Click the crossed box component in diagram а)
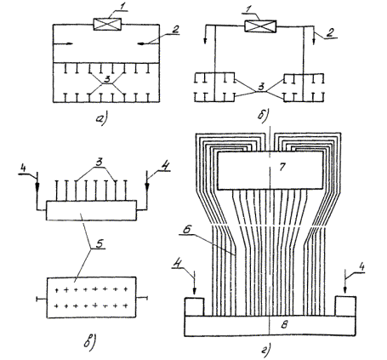coord(107,24)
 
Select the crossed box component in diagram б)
coord(260,26)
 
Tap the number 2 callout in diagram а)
coord(176,29)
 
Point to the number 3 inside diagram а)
coord(107,79)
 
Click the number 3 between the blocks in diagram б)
coord(262,87)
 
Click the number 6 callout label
coord(186,230)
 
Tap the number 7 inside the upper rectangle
coord(282,167)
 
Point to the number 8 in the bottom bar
coord(284,325)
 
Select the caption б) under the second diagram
coord(264,116)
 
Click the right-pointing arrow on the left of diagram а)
coord(63,43)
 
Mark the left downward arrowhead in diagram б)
coord(205,41)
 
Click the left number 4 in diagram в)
coord(23,168)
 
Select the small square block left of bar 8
coord(194,306)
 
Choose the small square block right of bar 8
coord(345,306)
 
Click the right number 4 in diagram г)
coord(361,267)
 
